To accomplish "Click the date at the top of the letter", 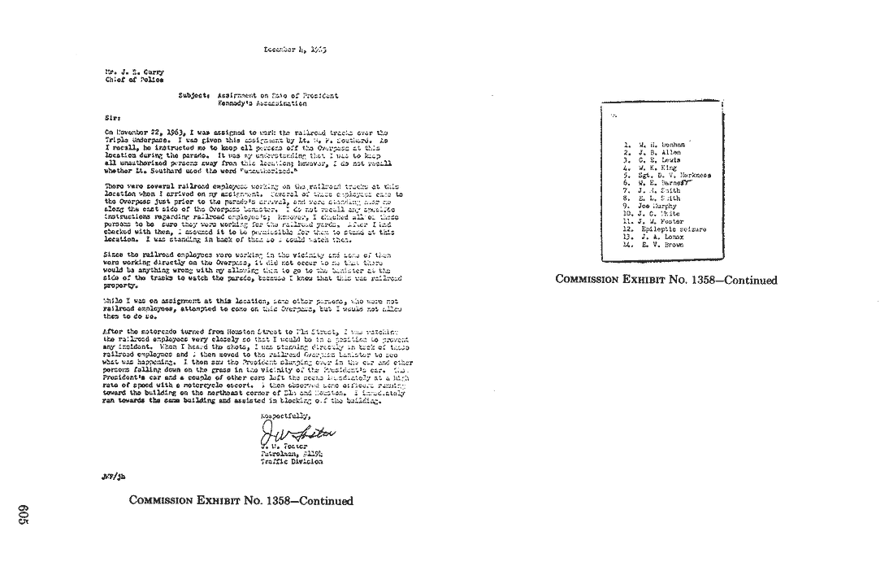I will point(295,50).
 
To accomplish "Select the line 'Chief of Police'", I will point(134,80).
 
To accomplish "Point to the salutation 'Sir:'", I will point(113,116).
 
